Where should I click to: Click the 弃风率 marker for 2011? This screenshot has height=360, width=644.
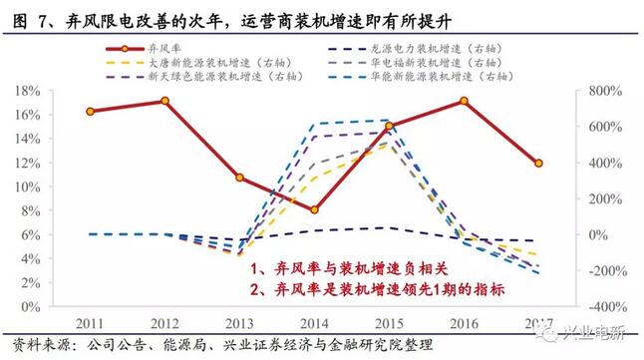click(91, 112)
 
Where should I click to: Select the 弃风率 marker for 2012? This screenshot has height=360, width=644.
click(165, 101)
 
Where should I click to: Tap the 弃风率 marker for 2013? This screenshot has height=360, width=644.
click(240, 178)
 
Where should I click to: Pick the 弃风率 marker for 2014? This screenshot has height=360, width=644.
click(314, 210)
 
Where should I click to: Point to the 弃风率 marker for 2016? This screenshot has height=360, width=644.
click(464, 101)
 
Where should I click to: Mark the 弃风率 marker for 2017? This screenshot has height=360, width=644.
click(538, 164)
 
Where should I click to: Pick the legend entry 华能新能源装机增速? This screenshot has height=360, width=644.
click(417, 77)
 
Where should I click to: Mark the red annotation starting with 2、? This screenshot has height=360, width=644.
click(377, 288)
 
